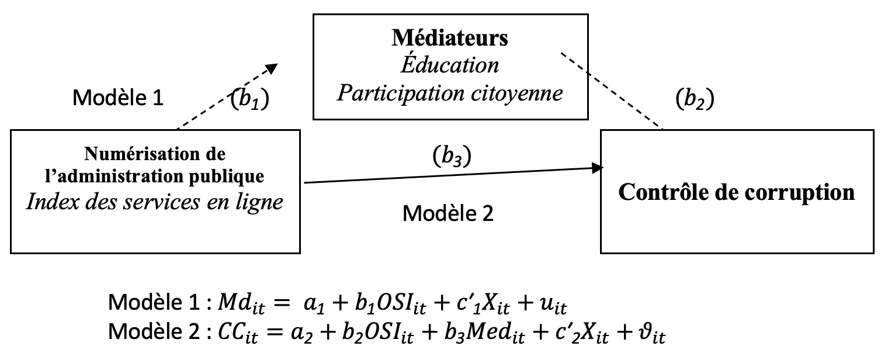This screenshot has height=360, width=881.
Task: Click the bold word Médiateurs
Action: (449, 39)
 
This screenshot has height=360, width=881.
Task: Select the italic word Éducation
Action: (449, 64)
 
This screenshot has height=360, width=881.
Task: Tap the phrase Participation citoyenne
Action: (449, 92)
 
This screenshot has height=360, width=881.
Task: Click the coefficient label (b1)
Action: (249, 99)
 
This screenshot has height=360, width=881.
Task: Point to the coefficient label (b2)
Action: (695, 99)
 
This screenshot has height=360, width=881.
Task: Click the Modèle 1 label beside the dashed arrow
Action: (117, 98)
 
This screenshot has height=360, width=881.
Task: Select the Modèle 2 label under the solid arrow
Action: (448, 214)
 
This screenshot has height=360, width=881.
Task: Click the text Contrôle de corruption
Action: (736, 192)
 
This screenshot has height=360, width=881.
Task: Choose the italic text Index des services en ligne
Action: (155, 201)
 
